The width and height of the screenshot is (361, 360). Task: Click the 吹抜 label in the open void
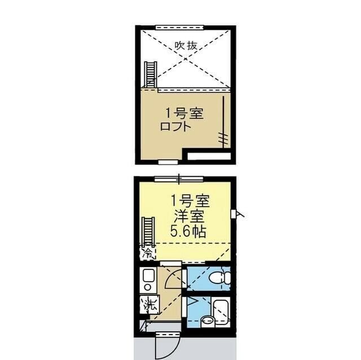(x=186, y=46)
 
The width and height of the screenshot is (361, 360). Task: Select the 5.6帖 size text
(x=188, y=231)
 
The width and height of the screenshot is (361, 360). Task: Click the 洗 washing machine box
(x=149, y=305)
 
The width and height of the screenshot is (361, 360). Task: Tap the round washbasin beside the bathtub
(x=208, y=321)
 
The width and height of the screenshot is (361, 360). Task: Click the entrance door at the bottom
(x=168, y=342)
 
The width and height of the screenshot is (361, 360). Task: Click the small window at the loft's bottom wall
(x=167, y=162)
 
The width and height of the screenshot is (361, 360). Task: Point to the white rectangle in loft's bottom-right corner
(x=208, y=155)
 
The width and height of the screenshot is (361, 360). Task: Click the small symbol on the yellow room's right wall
(x=234, y=214)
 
